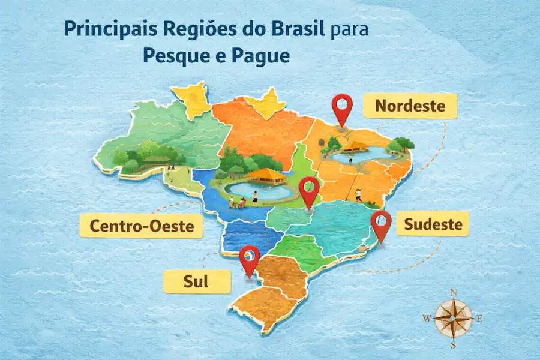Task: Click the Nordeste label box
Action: (410, 106)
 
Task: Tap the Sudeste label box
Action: (433, 225)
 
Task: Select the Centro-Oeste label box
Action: (141, 226)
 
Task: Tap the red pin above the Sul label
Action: (249, 259)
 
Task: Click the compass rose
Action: (453, 318)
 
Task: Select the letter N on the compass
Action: (454, 293)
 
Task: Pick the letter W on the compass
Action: (427, 319)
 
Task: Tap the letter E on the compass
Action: (479, 319)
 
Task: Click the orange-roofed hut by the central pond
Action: (266, 175)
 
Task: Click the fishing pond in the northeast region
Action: (359, 157)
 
